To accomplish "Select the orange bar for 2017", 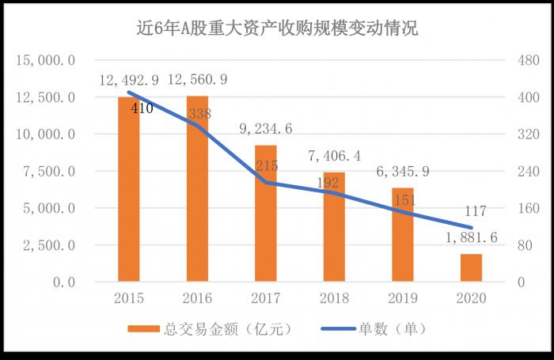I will coord(266,214).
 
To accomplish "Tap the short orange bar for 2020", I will coord(471,267).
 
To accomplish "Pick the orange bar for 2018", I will coord(334,226).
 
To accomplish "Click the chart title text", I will coord(277,29).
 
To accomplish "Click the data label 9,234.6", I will coord(266,129).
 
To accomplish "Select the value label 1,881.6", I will coord(471,238).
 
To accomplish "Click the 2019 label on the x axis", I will coord(403,299).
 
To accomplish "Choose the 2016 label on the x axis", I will coord(197,299).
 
